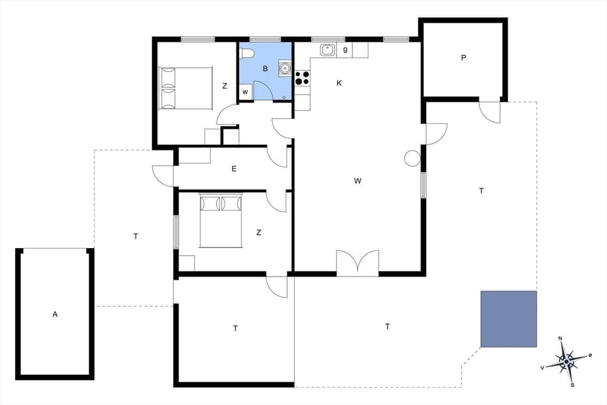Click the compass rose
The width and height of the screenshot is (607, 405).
567,361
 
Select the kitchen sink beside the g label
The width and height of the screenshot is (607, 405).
328,50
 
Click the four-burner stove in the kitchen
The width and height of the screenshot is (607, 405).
303,77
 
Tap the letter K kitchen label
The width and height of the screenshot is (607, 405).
339,83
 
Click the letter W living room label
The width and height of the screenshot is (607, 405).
357,181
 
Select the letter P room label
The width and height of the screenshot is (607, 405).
463,58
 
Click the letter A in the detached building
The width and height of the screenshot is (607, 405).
55,314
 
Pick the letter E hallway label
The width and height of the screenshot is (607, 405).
234,168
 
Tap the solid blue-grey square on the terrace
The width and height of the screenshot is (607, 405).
508,319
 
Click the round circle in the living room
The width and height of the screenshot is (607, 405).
413,158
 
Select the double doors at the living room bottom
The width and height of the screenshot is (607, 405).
357,263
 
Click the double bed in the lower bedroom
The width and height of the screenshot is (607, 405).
221,220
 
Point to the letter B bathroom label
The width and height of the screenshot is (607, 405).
266,68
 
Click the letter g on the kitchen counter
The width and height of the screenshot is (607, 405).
345,49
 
